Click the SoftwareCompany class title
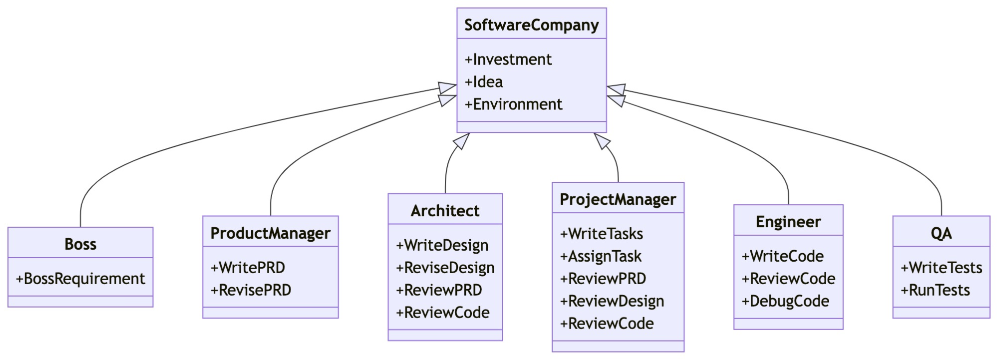coord(531,25)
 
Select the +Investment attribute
coord(508,59)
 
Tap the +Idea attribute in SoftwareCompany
coord(483,82)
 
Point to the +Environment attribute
coord(513,104)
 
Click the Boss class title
coord(80,244)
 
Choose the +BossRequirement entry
coord(80,279)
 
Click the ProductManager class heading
coord(270,233)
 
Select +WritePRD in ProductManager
coord(248,268)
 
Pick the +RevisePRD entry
coord(251,290)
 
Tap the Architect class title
coord(445,211)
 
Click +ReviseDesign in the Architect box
coord(445,268)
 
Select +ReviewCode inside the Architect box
coord(442,313)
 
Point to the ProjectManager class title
coord(618,199)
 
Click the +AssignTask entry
coord(601,256)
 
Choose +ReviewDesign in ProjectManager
coord(612,301)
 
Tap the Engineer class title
coord(788,222)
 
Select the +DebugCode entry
coord(785,301)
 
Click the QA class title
coord(941,233)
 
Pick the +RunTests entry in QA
coord(935,290)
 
